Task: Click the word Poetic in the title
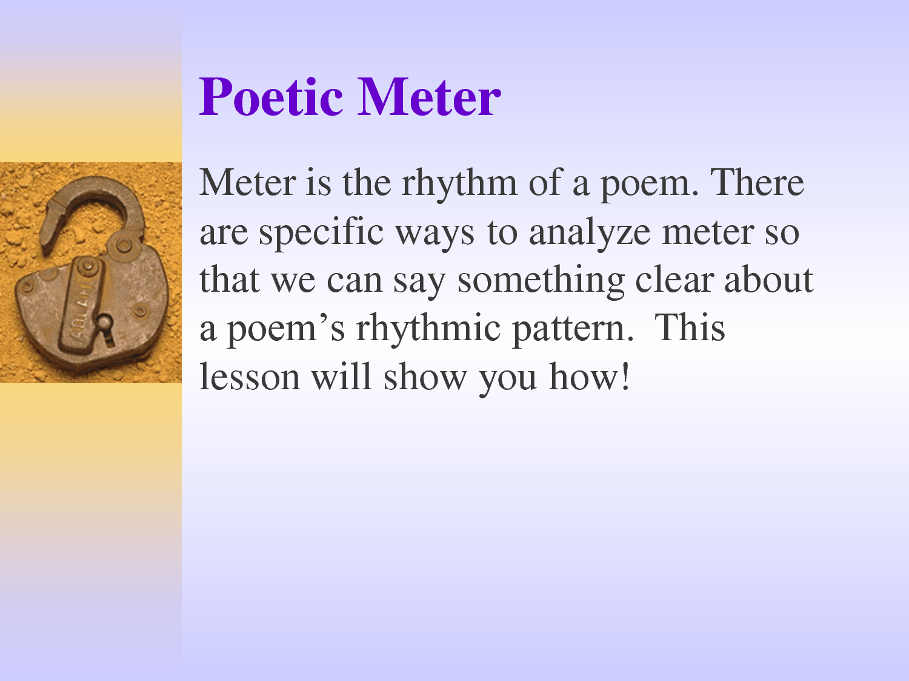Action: click(x=271, y=97)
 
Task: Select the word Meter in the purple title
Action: click(x=429, y=97)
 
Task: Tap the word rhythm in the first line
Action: click(x=459, y=183)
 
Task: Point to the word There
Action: click(x=757, y=182)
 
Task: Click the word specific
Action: click(x=321, y=232)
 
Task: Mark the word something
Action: click(x=541, y=281)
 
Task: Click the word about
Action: click(x=768, y=279)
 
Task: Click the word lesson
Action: click(x=250, y=376)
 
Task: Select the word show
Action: click(x=425, y=376)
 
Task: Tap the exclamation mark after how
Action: click(x=625, y=376)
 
